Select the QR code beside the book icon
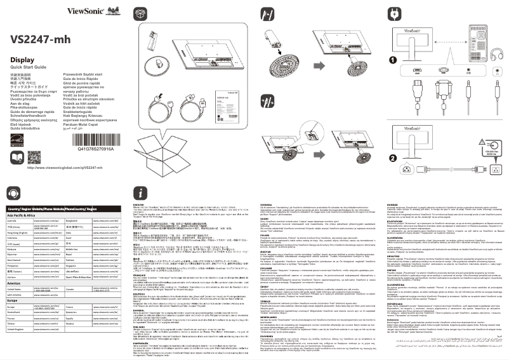(41, 156)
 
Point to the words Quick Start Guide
(29, 68)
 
